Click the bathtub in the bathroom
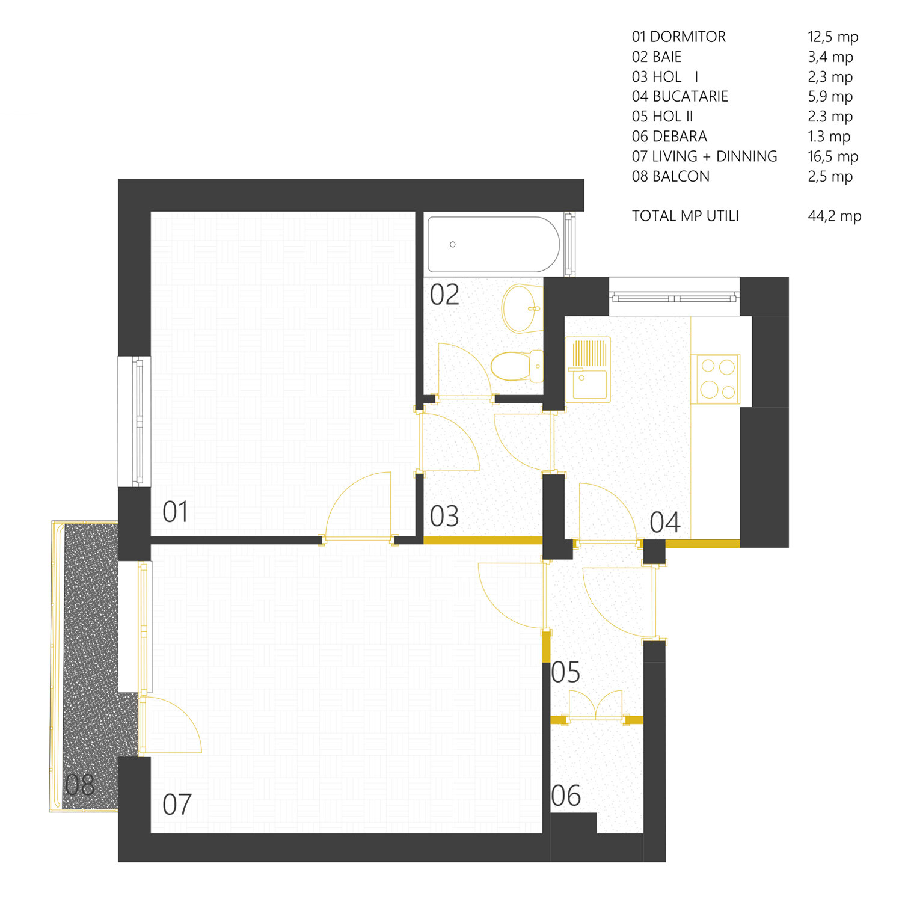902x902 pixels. point(494,244)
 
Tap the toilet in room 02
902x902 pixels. point(517,366)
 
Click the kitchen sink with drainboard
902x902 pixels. point(588,369)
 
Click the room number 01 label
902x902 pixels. point(176,512)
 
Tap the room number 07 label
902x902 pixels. point(177,805)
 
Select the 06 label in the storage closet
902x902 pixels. point(566,796)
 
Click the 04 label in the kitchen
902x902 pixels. point(664,522)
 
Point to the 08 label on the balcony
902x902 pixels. point(80,785)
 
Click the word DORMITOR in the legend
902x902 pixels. point(688,37)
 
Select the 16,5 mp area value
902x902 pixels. point(833,156)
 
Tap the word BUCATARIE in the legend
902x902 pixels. point(690,96)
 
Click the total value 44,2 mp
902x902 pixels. point(835,216)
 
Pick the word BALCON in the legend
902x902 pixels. point(681,176)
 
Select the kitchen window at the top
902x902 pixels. point(674,297)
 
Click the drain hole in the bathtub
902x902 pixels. point(453,244)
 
